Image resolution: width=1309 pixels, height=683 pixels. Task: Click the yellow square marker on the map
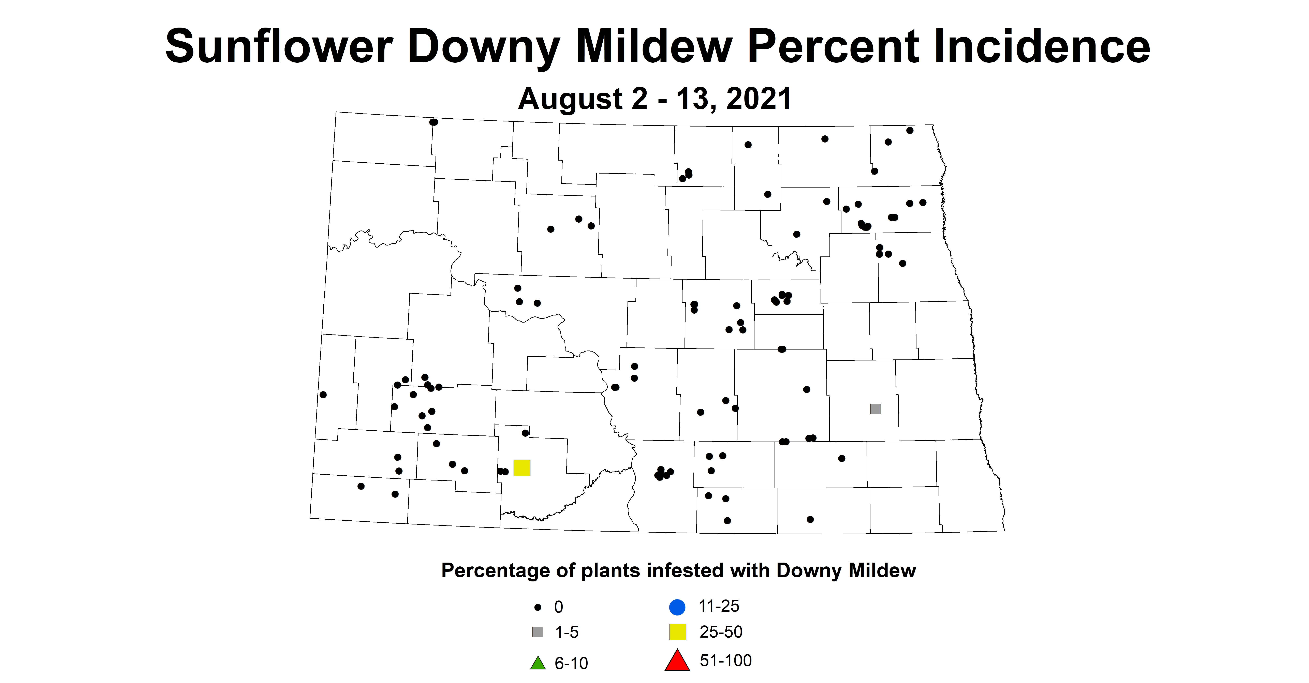coord(522,467)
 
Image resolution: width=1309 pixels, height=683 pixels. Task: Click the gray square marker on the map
coord(875,409)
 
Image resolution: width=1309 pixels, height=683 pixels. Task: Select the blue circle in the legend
coord(677,607)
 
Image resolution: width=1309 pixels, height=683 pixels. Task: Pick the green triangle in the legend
coord(538,663)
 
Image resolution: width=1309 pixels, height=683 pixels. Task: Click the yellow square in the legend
coord(677,632)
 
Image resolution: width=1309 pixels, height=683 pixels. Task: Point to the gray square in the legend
coord(538,632)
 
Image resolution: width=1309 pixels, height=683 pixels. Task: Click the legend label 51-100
coord(725,661)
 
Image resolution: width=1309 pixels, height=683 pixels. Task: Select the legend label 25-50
coord(721,632)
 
